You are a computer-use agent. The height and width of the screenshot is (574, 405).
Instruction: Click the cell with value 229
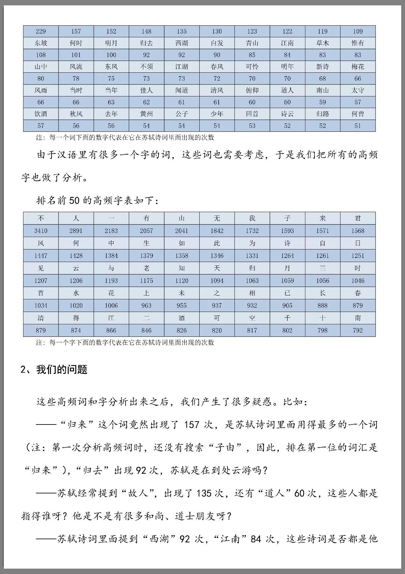(x=41, y=31)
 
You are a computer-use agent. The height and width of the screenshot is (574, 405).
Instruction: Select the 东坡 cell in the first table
(x=41, y=43)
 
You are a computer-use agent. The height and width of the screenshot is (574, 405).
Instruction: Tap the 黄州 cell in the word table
(x=146, y=114)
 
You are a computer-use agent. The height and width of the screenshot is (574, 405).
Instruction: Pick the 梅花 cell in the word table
(x=358, y=67)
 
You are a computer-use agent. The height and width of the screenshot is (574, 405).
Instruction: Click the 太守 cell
(x=358, y=90)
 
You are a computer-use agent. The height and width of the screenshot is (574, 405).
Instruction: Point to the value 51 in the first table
(x=358, y=126)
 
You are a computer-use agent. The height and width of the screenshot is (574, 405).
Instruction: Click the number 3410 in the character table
(x=41, y=231)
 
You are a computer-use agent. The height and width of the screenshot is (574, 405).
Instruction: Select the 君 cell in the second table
(x=358, y=218)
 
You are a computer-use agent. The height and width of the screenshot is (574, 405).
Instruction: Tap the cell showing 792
(x=358, y=331)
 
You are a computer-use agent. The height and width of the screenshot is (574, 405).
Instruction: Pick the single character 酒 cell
(x=182, y=318)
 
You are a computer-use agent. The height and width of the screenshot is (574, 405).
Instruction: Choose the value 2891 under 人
(x=76, y=231)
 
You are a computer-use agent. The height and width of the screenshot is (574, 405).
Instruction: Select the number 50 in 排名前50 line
(x=74, y=201)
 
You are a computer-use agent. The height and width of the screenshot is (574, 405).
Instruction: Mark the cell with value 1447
(x=41, y=256)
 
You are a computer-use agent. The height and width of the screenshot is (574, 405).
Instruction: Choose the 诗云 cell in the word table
(x=287, y=114)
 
